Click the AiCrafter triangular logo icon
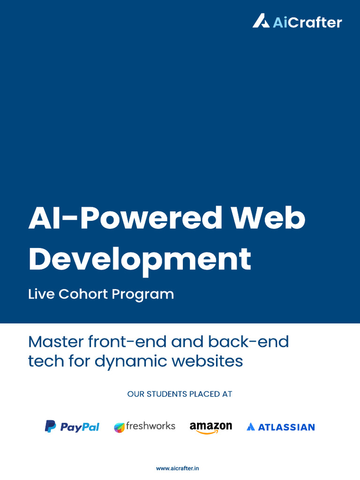(x=261, y=21)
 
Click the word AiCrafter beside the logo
(x=307, y=22)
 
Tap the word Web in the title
(x=268, y=217)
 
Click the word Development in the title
(x=140, y=260)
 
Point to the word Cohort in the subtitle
(x=83, y=294)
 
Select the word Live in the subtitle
(x=41, y=294)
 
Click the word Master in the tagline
(x=56, y=342)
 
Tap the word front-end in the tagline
(x=127, y=342)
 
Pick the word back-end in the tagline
(x=248, y=342)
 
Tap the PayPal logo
(x=72, y=427)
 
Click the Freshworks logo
(x=144, y=427)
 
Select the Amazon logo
(x=210, y=427)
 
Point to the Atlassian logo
(x=281, y=427)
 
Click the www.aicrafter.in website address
(x=178, y=468)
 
